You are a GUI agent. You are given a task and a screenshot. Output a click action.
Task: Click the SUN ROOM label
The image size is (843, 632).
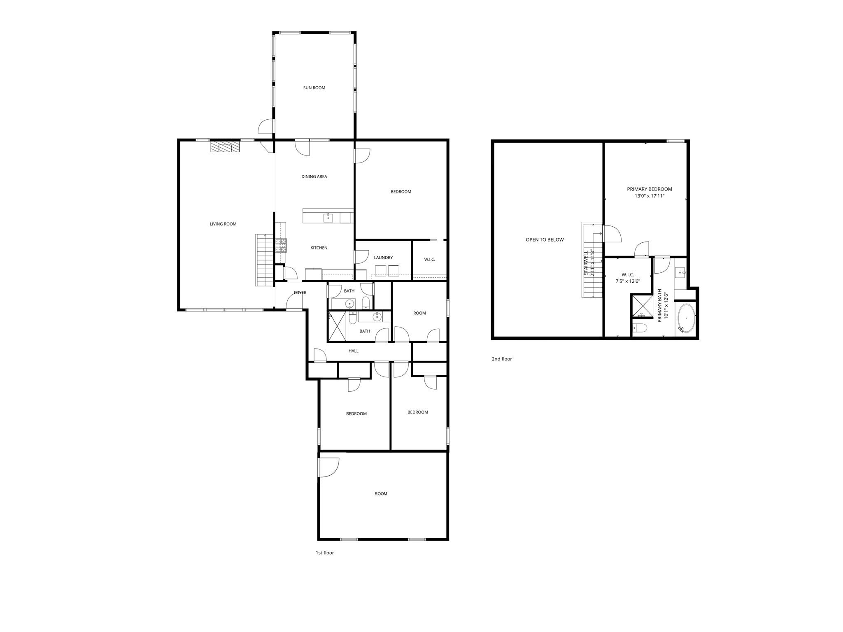point(314,88)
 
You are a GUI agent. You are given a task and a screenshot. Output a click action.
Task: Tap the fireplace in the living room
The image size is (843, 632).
point(225,147)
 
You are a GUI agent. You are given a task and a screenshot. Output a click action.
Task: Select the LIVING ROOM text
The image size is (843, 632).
point(223,224)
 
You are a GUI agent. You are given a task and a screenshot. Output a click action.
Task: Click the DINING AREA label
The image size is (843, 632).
point(314,177)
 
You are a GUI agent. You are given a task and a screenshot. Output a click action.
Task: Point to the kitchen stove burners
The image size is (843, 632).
point(281,245)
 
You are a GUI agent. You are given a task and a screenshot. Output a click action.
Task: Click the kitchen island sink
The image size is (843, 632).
point(328,218)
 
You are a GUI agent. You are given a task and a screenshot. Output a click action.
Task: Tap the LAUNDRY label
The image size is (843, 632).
point(383,258)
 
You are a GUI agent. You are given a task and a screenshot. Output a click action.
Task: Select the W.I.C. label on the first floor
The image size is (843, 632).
point(429,260)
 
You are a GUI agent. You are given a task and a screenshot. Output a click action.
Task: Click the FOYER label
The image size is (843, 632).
point(300,293)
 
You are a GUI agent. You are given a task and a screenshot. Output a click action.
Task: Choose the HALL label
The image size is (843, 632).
point(354,351)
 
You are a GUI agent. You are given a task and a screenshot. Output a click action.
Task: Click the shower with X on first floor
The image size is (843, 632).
point(337,326)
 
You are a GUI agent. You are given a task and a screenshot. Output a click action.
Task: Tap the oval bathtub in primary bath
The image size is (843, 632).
point(686,318)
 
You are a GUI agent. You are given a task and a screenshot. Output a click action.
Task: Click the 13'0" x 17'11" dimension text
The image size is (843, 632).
point(650,196)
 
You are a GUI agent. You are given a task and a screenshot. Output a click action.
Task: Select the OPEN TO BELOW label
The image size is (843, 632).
point(545,239)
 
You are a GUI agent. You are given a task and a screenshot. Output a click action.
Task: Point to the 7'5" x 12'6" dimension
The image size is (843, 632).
point(628,281)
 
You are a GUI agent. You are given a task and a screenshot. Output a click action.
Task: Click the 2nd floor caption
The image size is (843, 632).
point(502,359)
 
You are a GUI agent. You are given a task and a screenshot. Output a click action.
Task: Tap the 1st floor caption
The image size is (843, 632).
point(325,553)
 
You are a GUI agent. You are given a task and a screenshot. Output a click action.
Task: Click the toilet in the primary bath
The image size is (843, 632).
point(639,328)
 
